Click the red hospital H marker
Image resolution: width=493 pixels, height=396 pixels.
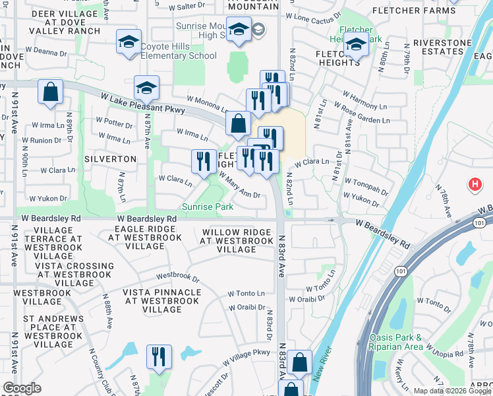point(473,185)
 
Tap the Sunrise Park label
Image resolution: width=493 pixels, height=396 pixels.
point(208,207)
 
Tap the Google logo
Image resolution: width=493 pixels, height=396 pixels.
point(22,388)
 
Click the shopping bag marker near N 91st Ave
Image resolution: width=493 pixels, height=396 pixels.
point(51,93)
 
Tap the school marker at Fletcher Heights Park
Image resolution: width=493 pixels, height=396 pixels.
point(356,46)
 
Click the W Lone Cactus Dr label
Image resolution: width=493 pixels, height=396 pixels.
point(314,17)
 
